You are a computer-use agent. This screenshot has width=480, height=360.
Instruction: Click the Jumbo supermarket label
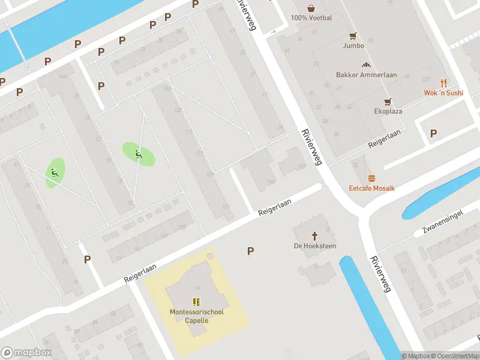(353, 46)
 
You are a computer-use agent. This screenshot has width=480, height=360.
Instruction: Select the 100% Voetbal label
(311, 18)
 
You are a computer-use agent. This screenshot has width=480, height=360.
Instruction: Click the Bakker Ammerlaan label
(365, 75)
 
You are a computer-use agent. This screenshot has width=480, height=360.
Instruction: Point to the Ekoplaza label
(387, 111)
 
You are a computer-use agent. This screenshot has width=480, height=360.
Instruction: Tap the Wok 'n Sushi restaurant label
(443, 93)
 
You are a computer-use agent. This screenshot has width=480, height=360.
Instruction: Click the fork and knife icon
(444, 83)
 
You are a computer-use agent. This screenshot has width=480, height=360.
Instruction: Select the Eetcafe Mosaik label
(372, 188)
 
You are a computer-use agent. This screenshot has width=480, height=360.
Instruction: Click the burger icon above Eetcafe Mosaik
(371, 178)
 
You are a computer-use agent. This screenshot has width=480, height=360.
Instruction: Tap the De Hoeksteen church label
(314, 246)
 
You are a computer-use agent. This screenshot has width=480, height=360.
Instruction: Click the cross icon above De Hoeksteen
(314, 236)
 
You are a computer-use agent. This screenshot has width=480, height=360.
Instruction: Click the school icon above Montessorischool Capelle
(196, 301)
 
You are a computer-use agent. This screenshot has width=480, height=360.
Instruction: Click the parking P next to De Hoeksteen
(250, 251)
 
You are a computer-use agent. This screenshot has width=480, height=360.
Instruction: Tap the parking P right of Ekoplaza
(433, 133)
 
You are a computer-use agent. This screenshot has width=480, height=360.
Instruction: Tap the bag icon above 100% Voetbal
(311, 8)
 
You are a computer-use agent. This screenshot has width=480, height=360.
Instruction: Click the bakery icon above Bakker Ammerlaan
(365, 65)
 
